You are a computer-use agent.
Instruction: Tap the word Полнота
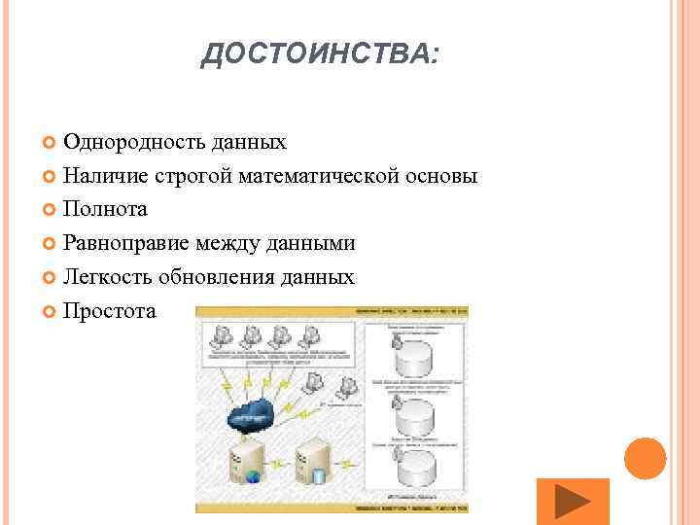tap(106, 209)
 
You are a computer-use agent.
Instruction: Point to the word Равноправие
tap(126, 243)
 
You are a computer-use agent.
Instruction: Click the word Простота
tap(109, 311)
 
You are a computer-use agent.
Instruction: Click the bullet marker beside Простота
tap(52, 312)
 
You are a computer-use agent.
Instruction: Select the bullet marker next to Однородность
tap(52, 144)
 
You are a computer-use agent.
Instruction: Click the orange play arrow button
tap(573, 502)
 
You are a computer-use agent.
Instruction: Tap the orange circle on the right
tap(645, 458)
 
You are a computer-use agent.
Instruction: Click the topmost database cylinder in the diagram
tap(415, 358)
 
